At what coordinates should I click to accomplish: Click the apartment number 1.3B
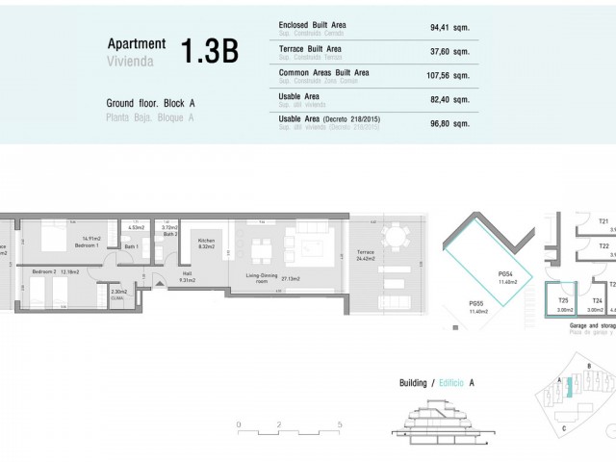point(210,51)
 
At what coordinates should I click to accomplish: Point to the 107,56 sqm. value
point(449,75)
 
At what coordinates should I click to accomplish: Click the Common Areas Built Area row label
point(322,72)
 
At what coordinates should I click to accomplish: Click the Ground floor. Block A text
point(151,103)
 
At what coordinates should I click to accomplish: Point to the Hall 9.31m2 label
point(188,277)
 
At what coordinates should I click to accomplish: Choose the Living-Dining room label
point(263,278)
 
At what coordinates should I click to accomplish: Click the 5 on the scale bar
point(340,423)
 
